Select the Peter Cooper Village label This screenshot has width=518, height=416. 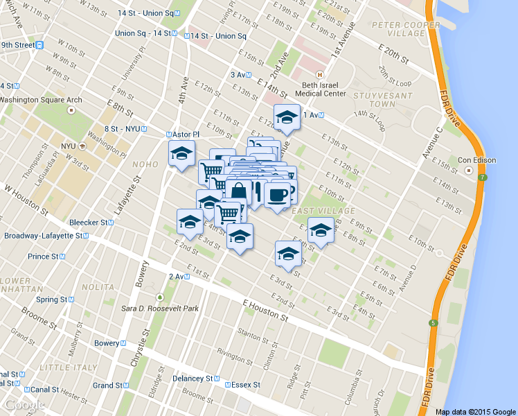pyautogui.click(x=405, y=30)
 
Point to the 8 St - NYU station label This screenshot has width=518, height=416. pyautogui.click(x=125, y=128)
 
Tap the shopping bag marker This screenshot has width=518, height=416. pyautogui.click(x=238, y=191)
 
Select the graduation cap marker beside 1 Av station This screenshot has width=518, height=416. pyautogui.click(x=286, y=117)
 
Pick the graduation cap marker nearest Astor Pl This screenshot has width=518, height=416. pyautogui.click(x=182, y=153)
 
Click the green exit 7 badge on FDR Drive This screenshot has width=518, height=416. pyautogui.click(x=483, y=177)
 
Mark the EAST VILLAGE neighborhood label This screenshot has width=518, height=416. pyautogui.click(x=314, y=210)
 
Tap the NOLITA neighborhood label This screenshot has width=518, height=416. pyautogui.click(x=98, y=286)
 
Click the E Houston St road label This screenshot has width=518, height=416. pyautogui.click(x=265, y=309)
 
